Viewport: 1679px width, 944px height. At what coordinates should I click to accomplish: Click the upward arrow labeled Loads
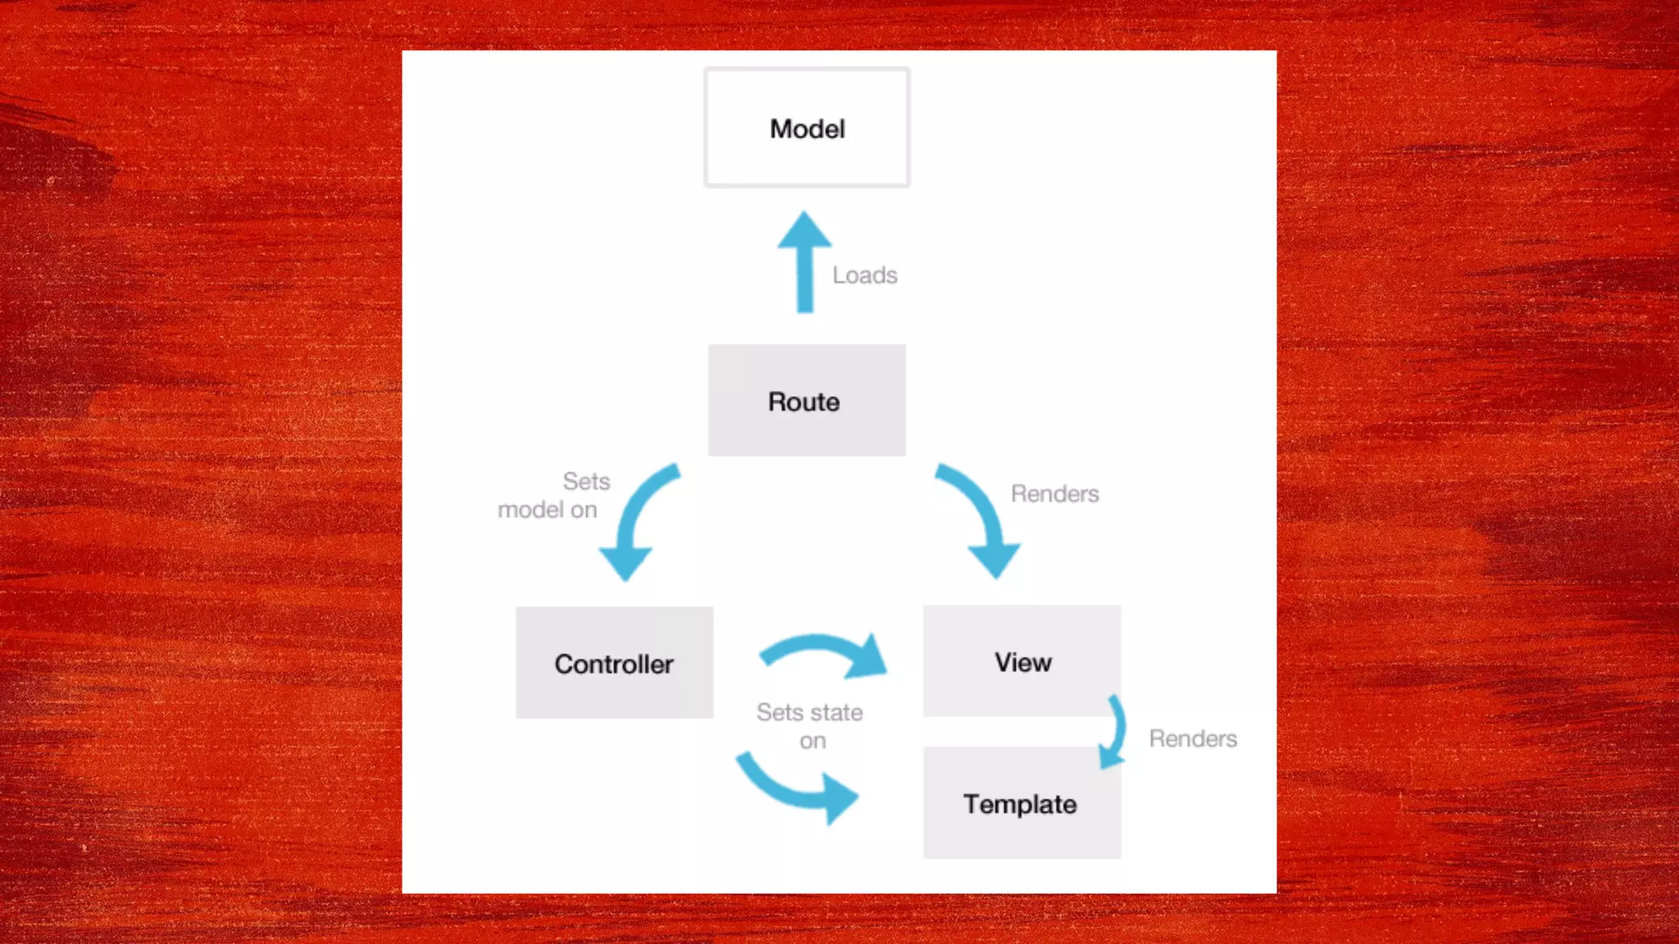tap(805, 262)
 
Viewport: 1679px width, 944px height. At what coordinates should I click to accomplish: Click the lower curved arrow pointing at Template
tap(795, 787)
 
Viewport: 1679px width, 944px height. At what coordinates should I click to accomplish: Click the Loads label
tap(865, 275)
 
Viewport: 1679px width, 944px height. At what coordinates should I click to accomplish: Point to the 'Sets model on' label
tap(553, 495)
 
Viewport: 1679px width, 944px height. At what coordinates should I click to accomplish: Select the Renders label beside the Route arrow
tap(1054, 493)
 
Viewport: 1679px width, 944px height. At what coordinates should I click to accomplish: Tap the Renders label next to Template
tap(1193, 738)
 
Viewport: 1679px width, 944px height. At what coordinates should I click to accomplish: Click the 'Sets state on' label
tap(810, 726)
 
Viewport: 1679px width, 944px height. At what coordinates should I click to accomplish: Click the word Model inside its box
tap(807, 129)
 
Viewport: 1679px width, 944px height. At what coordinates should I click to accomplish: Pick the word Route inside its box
tap(803, 402)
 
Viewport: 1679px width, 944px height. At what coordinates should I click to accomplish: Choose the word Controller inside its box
tap(614, 664)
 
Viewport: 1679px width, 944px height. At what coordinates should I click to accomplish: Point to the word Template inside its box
tap(1020, 804)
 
